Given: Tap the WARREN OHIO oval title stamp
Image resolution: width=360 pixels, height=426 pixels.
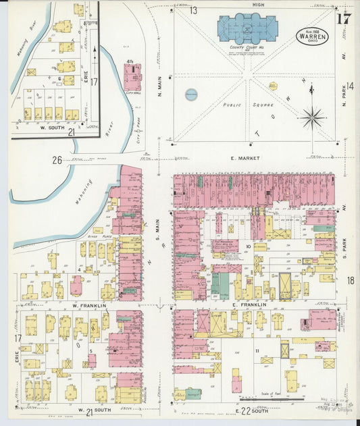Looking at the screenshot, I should click(311, 36).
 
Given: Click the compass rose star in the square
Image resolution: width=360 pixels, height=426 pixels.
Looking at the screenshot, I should click(312, 117).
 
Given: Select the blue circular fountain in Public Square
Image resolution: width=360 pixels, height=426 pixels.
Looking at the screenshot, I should click(191, 95).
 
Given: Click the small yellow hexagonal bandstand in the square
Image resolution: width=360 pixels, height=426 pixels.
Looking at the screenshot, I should click(273, 86).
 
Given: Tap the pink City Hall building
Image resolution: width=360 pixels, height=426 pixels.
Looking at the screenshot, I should click(132, 79).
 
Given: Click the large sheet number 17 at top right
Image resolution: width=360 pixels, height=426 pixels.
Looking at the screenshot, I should click(344, 18).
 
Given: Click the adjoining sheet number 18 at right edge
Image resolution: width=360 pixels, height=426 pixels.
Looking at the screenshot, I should click(351, 280).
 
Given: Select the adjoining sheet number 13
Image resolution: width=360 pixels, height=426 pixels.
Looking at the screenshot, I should click(193, 10).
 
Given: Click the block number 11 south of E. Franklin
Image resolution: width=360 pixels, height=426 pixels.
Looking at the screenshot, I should click(257, 351).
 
